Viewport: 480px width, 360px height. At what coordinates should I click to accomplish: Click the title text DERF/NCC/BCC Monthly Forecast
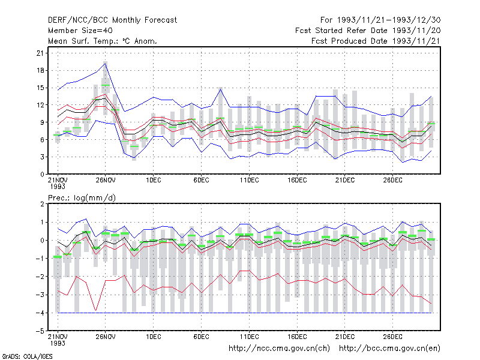(112, 20)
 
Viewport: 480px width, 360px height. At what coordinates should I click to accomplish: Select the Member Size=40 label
(80, 31)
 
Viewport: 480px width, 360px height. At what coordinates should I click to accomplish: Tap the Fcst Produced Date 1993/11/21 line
(376, 41)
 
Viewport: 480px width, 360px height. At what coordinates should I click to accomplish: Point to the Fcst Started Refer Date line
(368, 31)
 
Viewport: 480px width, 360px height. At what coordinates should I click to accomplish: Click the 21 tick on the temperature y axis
(40, 53)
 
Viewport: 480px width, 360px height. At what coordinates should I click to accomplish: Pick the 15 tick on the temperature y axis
(40, 88)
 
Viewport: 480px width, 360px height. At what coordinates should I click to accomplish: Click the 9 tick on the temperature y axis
(42, 122)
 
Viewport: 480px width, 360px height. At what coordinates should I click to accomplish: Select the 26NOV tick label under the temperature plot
(106, 181)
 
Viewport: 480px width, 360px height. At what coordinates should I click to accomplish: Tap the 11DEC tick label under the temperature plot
(249, 181)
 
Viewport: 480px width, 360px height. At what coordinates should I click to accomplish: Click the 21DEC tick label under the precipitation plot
(345, 337)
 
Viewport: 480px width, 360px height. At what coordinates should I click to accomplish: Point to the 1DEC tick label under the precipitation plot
(154, 337)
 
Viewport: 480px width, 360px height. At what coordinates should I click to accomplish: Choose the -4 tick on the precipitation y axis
(40, 313)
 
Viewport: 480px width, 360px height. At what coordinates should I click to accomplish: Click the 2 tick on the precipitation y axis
(42, 204)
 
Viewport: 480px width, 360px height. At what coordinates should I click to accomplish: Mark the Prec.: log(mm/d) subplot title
(82, 198)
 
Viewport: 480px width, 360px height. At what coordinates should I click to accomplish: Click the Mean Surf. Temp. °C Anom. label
(102, 41)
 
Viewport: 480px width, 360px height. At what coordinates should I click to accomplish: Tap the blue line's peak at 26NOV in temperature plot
(106, 64)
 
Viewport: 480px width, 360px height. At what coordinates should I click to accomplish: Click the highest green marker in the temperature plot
(106, 85)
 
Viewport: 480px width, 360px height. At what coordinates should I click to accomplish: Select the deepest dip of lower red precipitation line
(96, 310)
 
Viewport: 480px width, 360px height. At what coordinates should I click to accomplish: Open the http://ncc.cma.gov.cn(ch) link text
(279, 349)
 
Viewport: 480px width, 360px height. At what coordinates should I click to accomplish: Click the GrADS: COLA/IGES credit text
(27, 356)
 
